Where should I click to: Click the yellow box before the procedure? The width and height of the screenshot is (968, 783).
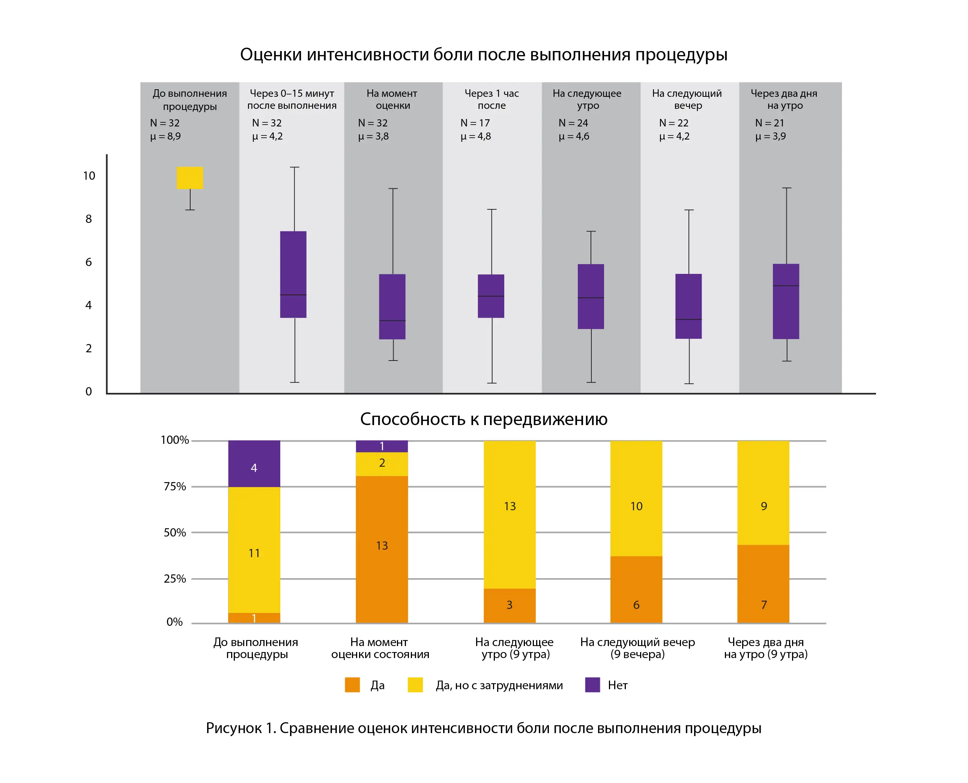(190, 178)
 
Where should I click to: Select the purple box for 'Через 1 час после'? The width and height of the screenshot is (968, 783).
(491, 296)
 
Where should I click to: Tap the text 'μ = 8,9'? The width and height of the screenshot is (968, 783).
(165, 136)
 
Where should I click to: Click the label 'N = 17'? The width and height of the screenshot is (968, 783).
(475, 123)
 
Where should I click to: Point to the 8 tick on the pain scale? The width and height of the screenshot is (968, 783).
(89, 219)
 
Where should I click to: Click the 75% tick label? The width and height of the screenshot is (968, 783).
(174, 486)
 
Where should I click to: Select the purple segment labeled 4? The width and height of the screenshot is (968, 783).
(254, 464)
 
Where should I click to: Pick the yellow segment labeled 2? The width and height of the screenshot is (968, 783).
(382, 464)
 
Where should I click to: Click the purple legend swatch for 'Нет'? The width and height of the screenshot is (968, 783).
(592, 685)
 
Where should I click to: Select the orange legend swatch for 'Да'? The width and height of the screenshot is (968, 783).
(352, 685)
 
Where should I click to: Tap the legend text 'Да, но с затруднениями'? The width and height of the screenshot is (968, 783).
(499, 685)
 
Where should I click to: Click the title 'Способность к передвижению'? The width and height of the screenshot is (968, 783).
(484, 419)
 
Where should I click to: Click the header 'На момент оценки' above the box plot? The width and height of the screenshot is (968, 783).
(392, 99)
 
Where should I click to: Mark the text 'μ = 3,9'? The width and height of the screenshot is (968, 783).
(770, 136)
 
